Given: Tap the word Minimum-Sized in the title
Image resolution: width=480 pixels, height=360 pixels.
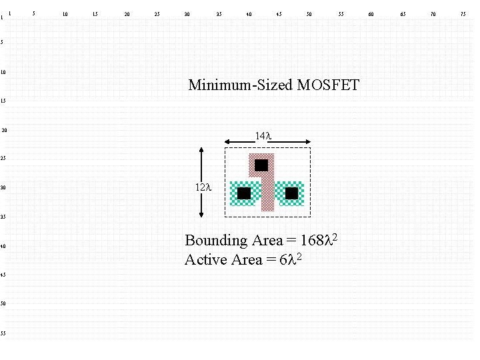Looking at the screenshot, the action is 241,85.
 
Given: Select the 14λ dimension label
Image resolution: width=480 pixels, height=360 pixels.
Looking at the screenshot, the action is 264,136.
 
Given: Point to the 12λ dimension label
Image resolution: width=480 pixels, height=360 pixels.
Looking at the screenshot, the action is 203,187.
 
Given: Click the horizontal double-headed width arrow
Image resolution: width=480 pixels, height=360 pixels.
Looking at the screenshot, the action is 267,142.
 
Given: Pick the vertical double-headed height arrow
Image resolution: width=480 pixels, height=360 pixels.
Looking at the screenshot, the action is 202,182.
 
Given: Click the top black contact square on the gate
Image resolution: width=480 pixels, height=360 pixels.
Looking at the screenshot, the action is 261,165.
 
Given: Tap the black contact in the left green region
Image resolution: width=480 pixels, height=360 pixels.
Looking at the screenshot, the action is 244,193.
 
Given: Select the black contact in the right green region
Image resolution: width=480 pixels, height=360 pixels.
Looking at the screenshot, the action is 291,193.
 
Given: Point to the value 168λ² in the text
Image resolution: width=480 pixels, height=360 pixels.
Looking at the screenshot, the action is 319,239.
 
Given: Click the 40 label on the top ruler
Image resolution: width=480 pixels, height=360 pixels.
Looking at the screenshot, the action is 249,13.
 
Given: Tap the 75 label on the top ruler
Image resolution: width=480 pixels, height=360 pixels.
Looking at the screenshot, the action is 463,13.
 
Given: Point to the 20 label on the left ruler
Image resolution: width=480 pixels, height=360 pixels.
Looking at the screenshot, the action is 4,130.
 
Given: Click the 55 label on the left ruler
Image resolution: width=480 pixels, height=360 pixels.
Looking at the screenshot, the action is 4,333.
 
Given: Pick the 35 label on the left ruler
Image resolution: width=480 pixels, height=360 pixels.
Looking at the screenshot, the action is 4,217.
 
